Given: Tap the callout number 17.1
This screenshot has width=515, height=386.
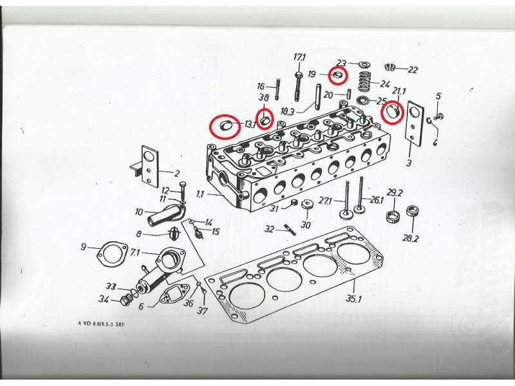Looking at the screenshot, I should tap(299, 58).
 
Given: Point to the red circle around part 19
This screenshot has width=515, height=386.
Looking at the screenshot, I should tap(337, 75).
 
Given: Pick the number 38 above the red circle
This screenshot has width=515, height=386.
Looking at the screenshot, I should tap(263, 98).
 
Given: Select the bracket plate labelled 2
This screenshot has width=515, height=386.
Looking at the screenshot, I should tap(149, 167).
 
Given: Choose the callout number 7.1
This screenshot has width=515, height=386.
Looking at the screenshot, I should tap(135, 253).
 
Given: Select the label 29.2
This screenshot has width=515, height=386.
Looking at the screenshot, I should tap(394, 193).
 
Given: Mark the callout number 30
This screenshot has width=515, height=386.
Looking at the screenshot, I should tap(306, 225).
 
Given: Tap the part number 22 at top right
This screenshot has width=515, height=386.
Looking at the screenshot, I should tap(413, 69).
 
